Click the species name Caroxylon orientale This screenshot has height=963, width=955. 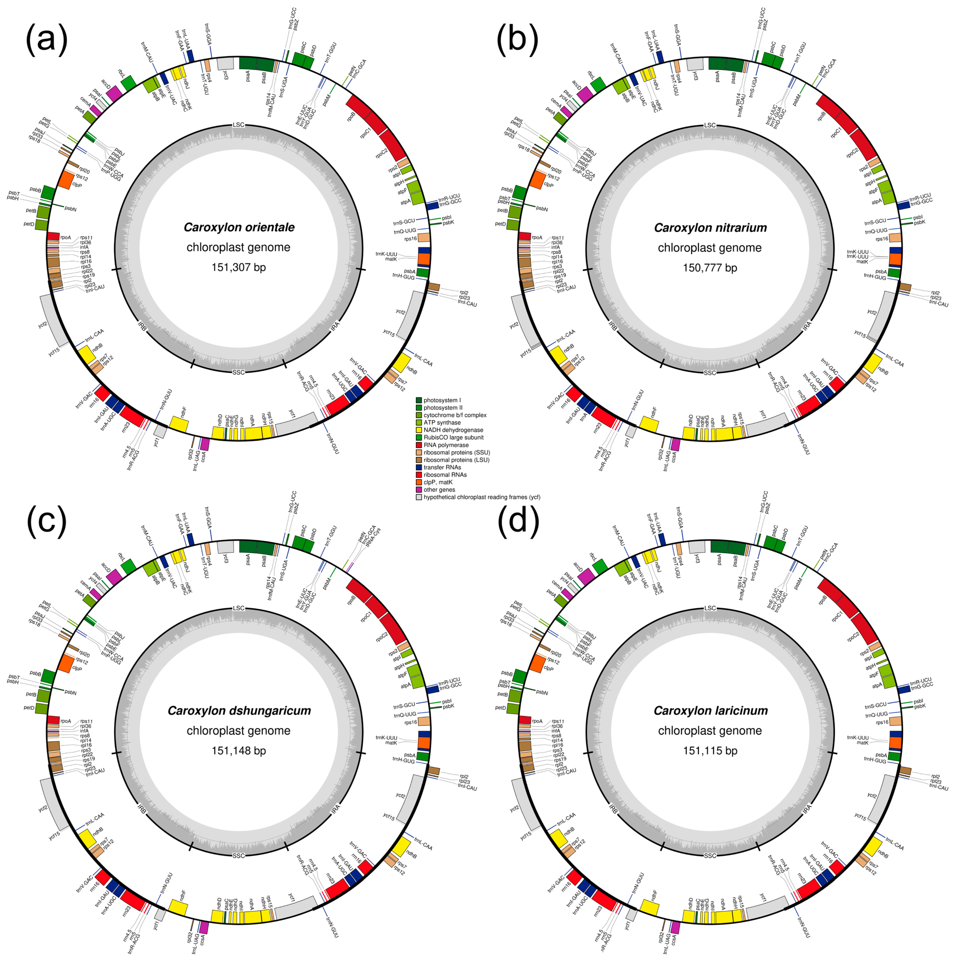coord(239,227)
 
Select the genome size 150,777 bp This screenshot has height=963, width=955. coord(710,268)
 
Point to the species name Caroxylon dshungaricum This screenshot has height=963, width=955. coord(239,711)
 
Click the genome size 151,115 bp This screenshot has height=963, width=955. coord(710,751)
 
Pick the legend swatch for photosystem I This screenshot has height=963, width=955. coord(419,400)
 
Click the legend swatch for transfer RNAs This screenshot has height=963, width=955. coord(419,468)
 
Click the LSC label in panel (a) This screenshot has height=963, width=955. coord(239,125)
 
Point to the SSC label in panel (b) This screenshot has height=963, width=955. coord(710,373)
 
